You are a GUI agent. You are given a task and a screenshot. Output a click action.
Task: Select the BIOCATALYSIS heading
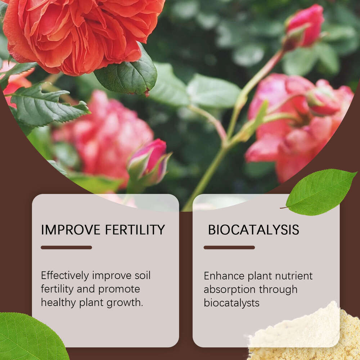point(253,230)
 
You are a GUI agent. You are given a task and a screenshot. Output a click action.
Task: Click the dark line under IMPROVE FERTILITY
point(66,247)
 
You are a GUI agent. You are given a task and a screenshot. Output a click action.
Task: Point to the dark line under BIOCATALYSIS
point(229,247)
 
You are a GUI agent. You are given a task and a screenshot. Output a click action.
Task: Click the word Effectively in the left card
point(65,276)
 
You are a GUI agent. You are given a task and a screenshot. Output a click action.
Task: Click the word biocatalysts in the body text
point(231,303)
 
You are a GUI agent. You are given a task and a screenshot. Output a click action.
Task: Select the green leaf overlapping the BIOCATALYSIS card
point(319,192)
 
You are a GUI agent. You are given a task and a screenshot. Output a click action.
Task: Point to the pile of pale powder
point(306,335)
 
